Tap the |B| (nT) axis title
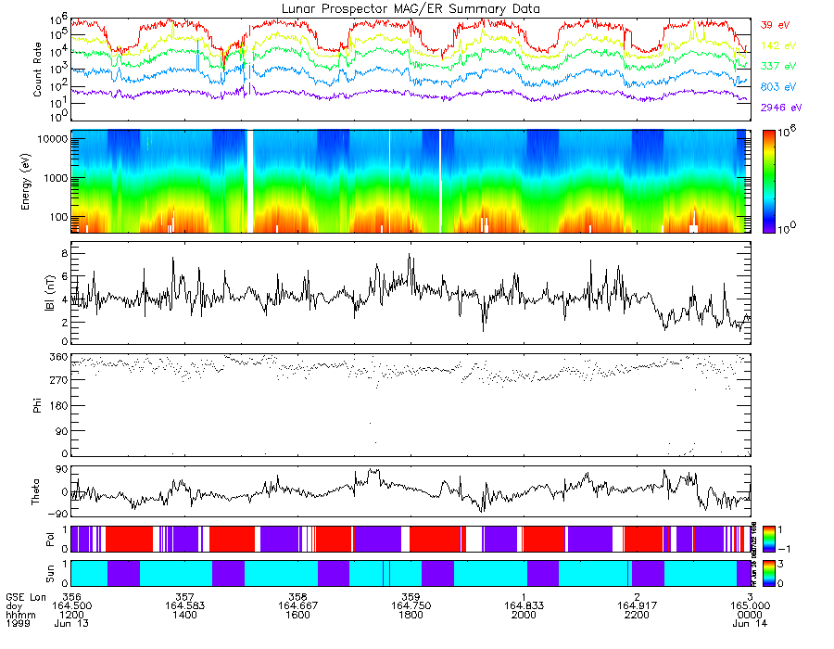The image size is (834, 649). click(x=38, y=292)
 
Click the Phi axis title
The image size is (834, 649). click(x=38, y=404)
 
